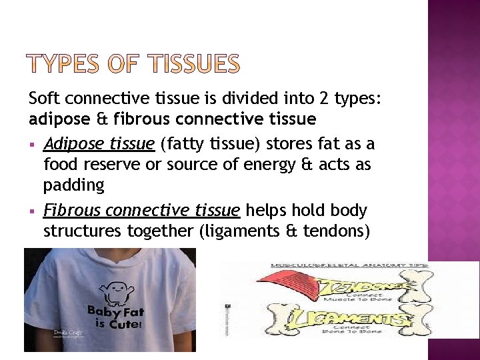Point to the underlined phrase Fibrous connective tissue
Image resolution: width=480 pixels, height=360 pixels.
pos(141,211)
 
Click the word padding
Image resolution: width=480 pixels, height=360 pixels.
pos(74,185)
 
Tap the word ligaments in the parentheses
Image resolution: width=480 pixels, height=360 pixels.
pos(251,231)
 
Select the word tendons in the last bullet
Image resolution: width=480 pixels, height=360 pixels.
pos(337,231)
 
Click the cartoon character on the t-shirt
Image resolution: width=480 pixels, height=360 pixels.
pos(111,290)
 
